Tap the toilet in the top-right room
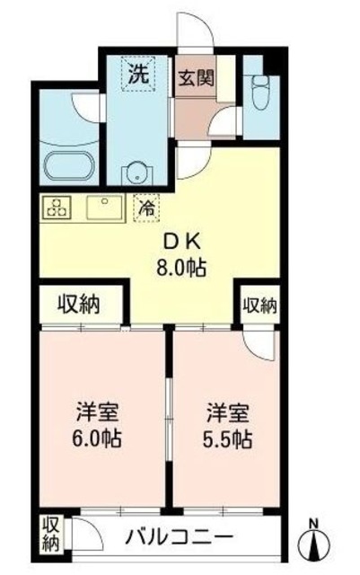point(261,89)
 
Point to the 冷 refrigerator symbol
point(145,207)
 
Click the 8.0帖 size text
point(187,267)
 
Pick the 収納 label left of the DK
point(81,305)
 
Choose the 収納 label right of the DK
point(259,305)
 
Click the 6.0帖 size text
point(98,440)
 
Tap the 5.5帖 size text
point(225,440)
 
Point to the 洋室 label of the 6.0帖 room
point(98,416)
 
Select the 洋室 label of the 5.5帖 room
point(225,416)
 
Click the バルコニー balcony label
point(179,538)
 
